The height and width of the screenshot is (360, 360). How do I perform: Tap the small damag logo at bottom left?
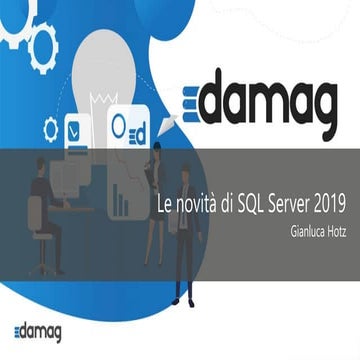(38, 332)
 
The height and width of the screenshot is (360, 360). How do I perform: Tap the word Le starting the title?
(166, 203)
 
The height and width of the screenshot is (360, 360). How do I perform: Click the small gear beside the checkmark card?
(51, 128)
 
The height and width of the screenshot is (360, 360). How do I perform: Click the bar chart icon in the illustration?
(122, 200)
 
